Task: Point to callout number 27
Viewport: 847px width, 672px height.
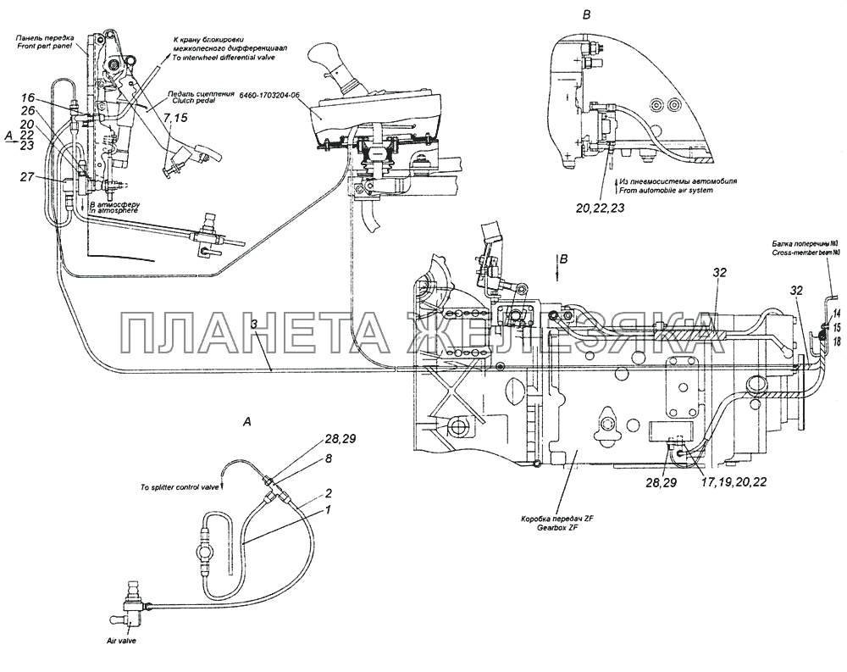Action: coord(27,176)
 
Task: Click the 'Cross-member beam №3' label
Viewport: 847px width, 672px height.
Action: coord(805,253)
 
